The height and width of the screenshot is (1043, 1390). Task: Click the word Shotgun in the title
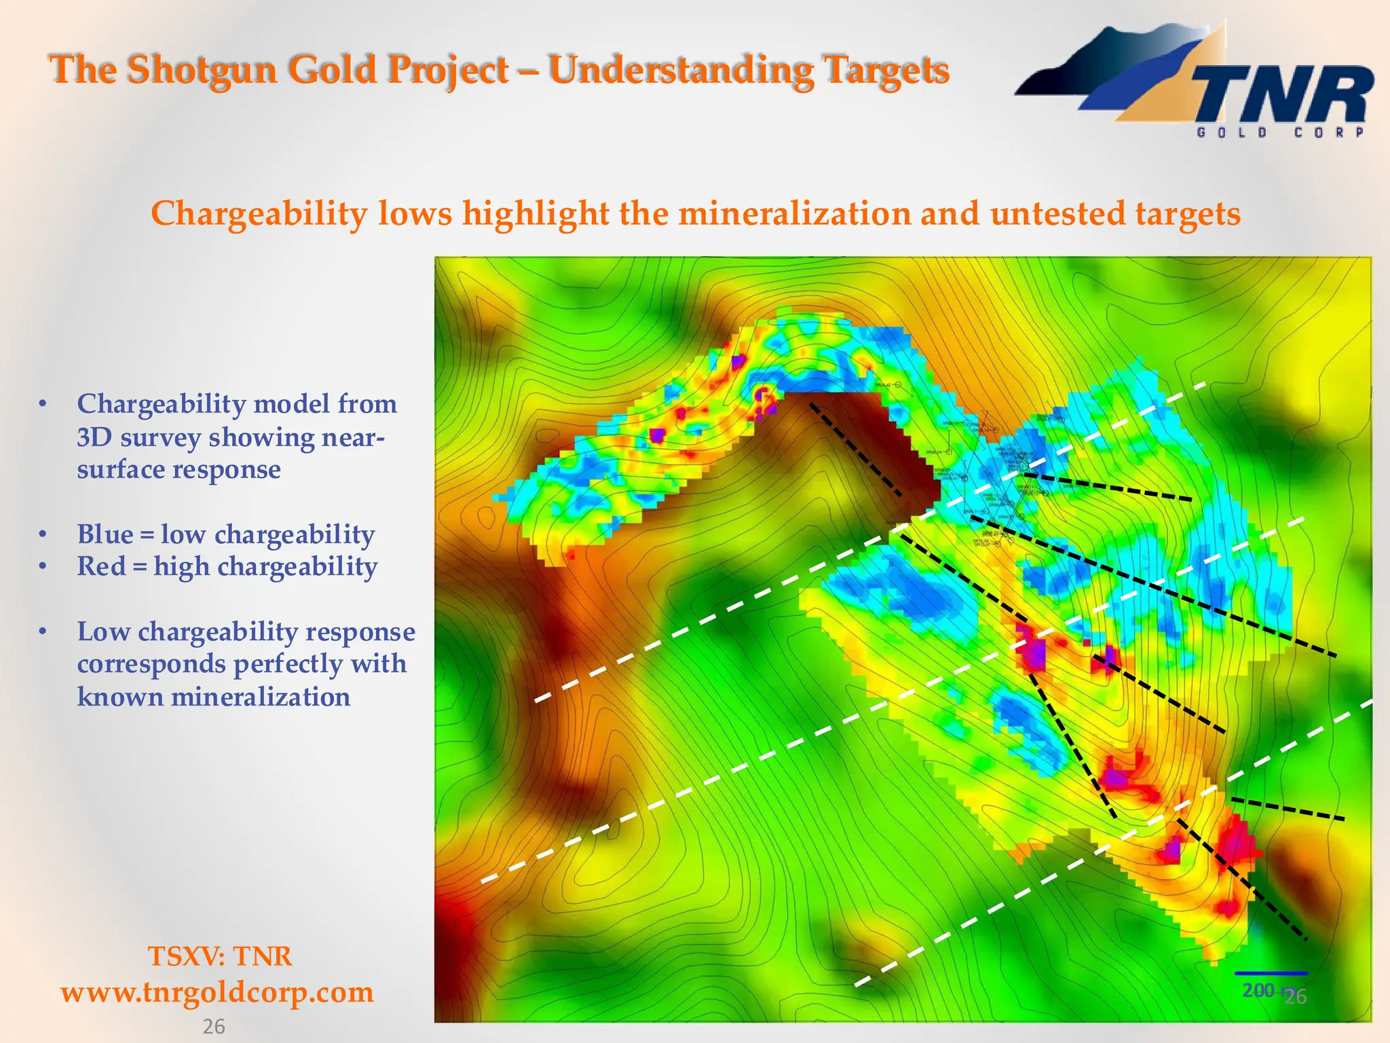click(x=202, y=70)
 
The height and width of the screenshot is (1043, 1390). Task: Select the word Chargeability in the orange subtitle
click(x=259, y=214)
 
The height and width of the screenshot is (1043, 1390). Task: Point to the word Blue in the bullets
click(x=105, y=534)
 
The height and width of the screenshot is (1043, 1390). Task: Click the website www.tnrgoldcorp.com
click(x=217, y=992)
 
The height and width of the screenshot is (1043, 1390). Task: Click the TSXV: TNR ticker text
click(x=220, y=956)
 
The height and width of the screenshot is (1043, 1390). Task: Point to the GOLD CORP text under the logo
click(x=1280, y=133)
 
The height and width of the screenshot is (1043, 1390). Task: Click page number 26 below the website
click(x=214, y=1027)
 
